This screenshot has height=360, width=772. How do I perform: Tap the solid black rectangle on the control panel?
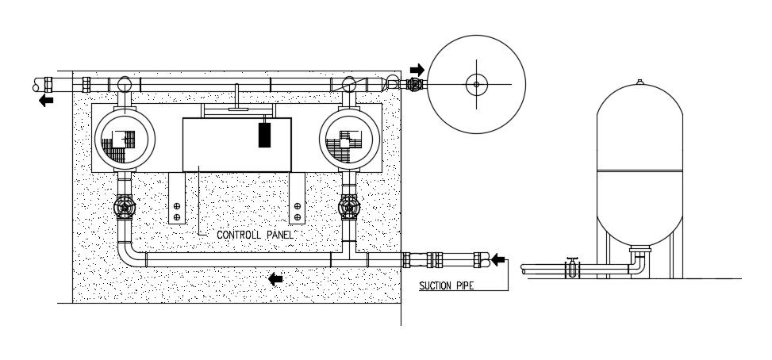pos(264,135)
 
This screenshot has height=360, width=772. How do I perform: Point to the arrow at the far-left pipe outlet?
pos(47,101)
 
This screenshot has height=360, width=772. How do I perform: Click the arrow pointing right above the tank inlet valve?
pos(417,70)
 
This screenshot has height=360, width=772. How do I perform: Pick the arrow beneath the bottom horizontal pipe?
pos(276,278)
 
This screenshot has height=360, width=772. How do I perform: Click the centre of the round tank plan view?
pos(476,83)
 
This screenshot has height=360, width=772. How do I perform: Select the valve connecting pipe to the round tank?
pos(416,83)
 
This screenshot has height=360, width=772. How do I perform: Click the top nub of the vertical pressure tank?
pos(639,80)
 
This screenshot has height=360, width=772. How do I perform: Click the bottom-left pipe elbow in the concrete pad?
pos(130,256)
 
